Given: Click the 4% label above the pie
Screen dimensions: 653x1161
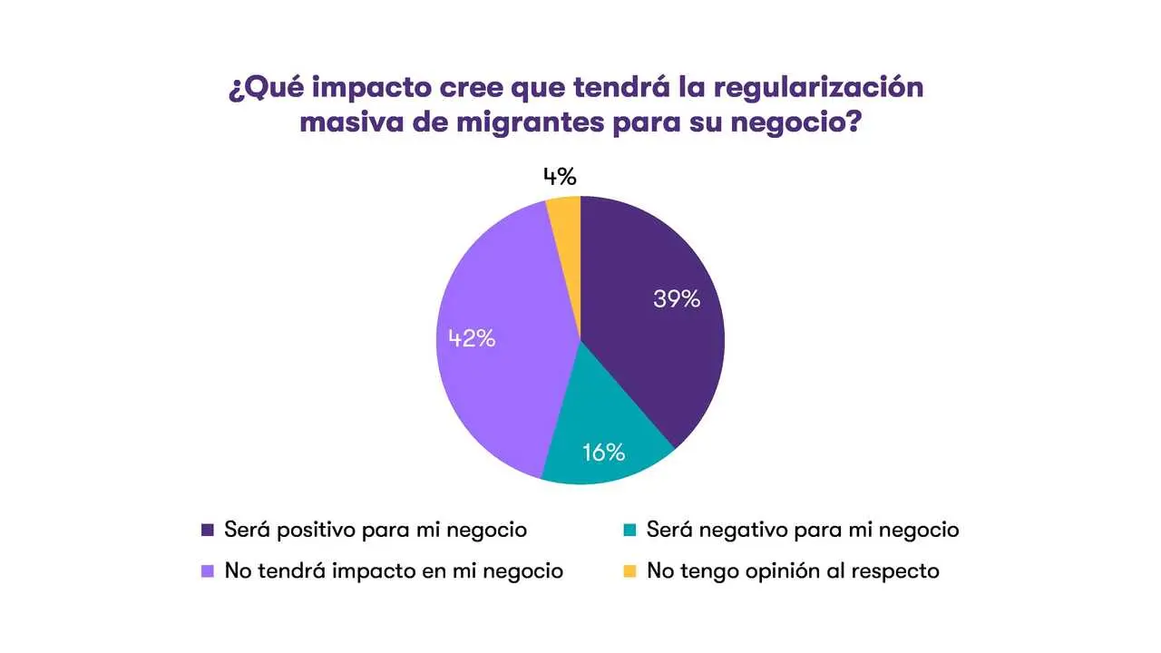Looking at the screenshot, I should (560, 176).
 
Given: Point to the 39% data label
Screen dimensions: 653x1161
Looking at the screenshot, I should (677, 299).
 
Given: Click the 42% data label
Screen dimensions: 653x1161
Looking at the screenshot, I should (472, 339).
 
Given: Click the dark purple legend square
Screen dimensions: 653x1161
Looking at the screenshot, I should (208, 530).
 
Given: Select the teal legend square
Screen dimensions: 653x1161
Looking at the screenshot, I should (629, 530).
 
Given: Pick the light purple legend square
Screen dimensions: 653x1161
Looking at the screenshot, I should (208, 571).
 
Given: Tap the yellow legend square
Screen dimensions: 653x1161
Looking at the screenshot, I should (629, 571).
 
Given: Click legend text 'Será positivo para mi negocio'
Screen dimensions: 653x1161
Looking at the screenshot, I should (375, 530).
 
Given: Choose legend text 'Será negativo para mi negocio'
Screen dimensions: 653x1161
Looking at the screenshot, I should (802, 530).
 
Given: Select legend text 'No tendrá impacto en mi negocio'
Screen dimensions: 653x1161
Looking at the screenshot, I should (394, 571).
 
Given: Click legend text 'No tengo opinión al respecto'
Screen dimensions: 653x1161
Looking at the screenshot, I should (793, 571).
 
